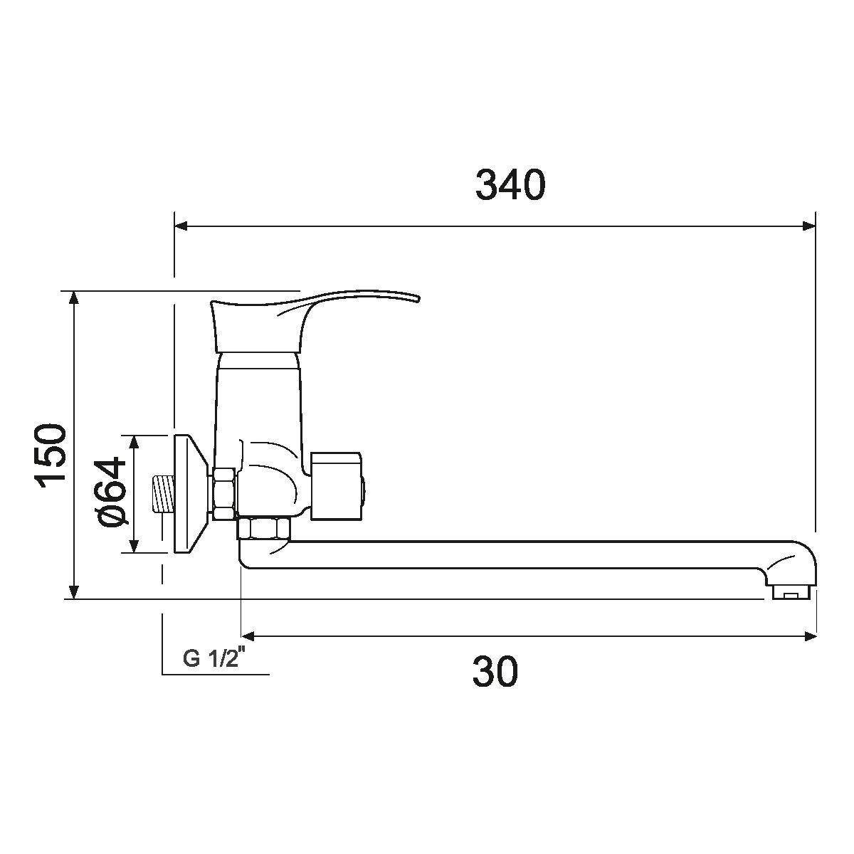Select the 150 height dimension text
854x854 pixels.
tap(51, 455)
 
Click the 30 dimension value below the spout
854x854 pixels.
tap(495, 672)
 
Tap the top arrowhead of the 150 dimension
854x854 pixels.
tap(73, 297)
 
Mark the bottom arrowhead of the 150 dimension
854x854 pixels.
tap(73, 592)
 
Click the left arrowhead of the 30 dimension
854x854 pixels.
tap(248, 636)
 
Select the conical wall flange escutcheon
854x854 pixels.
tap(189, 492)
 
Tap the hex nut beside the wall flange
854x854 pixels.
tap(223, 492)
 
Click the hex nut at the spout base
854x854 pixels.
tap(264, 530)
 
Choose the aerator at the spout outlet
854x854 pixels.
tap(789, 592)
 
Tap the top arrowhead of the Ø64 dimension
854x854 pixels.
tap(133, 441)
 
